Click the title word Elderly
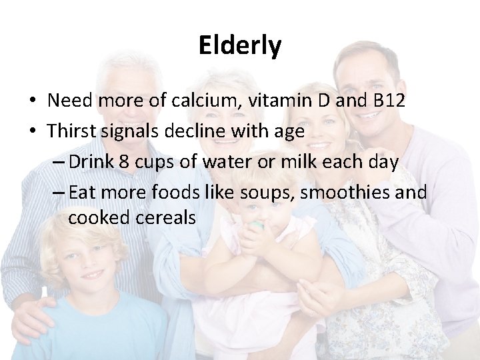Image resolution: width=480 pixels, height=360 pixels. (x=240, y=46)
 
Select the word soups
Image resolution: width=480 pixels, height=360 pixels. (x=273, y=193)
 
